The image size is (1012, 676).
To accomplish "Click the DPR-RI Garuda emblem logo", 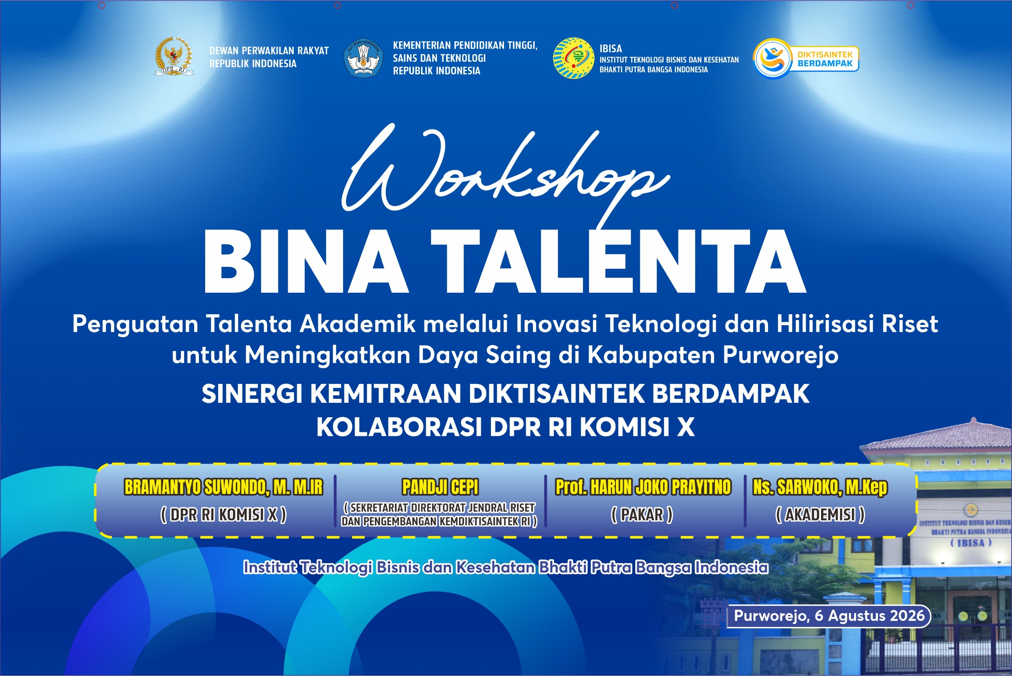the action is [x=174, y=57].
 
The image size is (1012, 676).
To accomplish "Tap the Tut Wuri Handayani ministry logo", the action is [x=363, y=58].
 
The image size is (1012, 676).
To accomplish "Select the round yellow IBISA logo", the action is [x=573, y=58].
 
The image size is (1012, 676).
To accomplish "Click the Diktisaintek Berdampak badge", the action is [x=806, y=59].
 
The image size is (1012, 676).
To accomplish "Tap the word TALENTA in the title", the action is [x=618, y=261].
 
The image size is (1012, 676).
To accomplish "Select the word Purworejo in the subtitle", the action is [x=780, y=355].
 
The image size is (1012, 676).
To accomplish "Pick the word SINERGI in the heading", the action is [x=252, y=394].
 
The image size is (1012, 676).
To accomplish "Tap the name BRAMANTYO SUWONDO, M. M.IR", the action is [x=223, y=487].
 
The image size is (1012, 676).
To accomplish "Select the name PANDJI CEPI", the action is [x=440, y=487].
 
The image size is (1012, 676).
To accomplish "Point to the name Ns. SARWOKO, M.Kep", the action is [x=820, y=488].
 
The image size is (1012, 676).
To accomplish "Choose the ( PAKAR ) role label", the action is [x=642, y=515].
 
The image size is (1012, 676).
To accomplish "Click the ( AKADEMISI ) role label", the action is [x=820, y=515].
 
